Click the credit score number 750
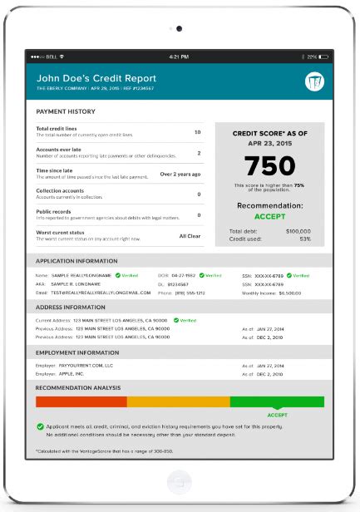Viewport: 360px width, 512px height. (x=269, y=165)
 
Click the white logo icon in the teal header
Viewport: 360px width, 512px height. (x=313, y=82)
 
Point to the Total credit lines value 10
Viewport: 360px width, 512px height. (x=197, y=132)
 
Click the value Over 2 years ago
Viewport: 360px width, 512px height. (x=180, y=174)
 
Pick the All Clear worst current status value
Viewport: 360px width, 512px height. (x=190, y=235)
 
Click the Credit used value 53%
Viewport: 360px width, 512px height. (x=305, y=239)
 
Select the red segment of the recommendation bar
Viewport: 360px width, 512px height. (x=81, y=401)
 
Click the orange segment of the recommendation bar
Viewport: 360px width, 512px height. (x=178, y=401)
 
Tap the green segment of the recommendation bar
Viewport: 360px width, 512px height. (x=277, y=401)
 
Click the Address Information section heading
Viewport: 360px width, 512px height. (x=72, y=307)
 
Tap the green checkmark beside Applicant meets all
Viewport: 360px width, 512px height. (x=40, y=426)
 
